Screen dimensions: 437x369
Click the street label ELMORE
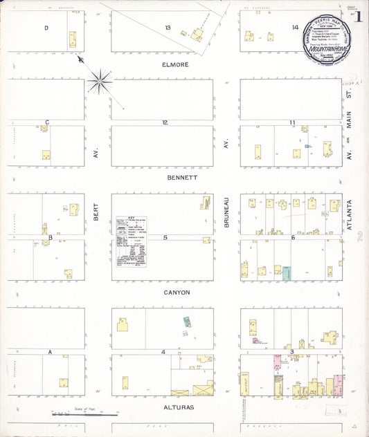point(175,64)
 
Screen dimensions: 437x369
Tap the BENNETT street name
point(183,178)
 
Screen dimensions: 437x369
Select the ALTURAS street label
point(179,407)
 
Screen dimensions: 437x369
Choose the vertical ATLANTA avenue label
point(350,216)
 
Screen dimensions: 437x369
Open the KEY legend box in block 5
point(131,241)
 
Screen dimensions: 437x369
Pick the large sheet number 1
point(359,18)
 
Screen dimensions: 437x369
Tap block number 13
point(168,28)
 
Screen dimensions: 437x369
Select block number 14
point(295,28)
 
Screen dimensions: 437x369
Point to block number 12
point(165,122)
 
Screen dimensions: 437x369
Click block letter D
point(46,28)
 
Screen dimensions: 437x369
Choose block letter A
point(50,352)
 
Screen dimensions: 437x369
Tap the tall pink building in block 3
point(277,364)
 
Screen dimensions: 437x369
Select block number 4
point(163,352)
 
